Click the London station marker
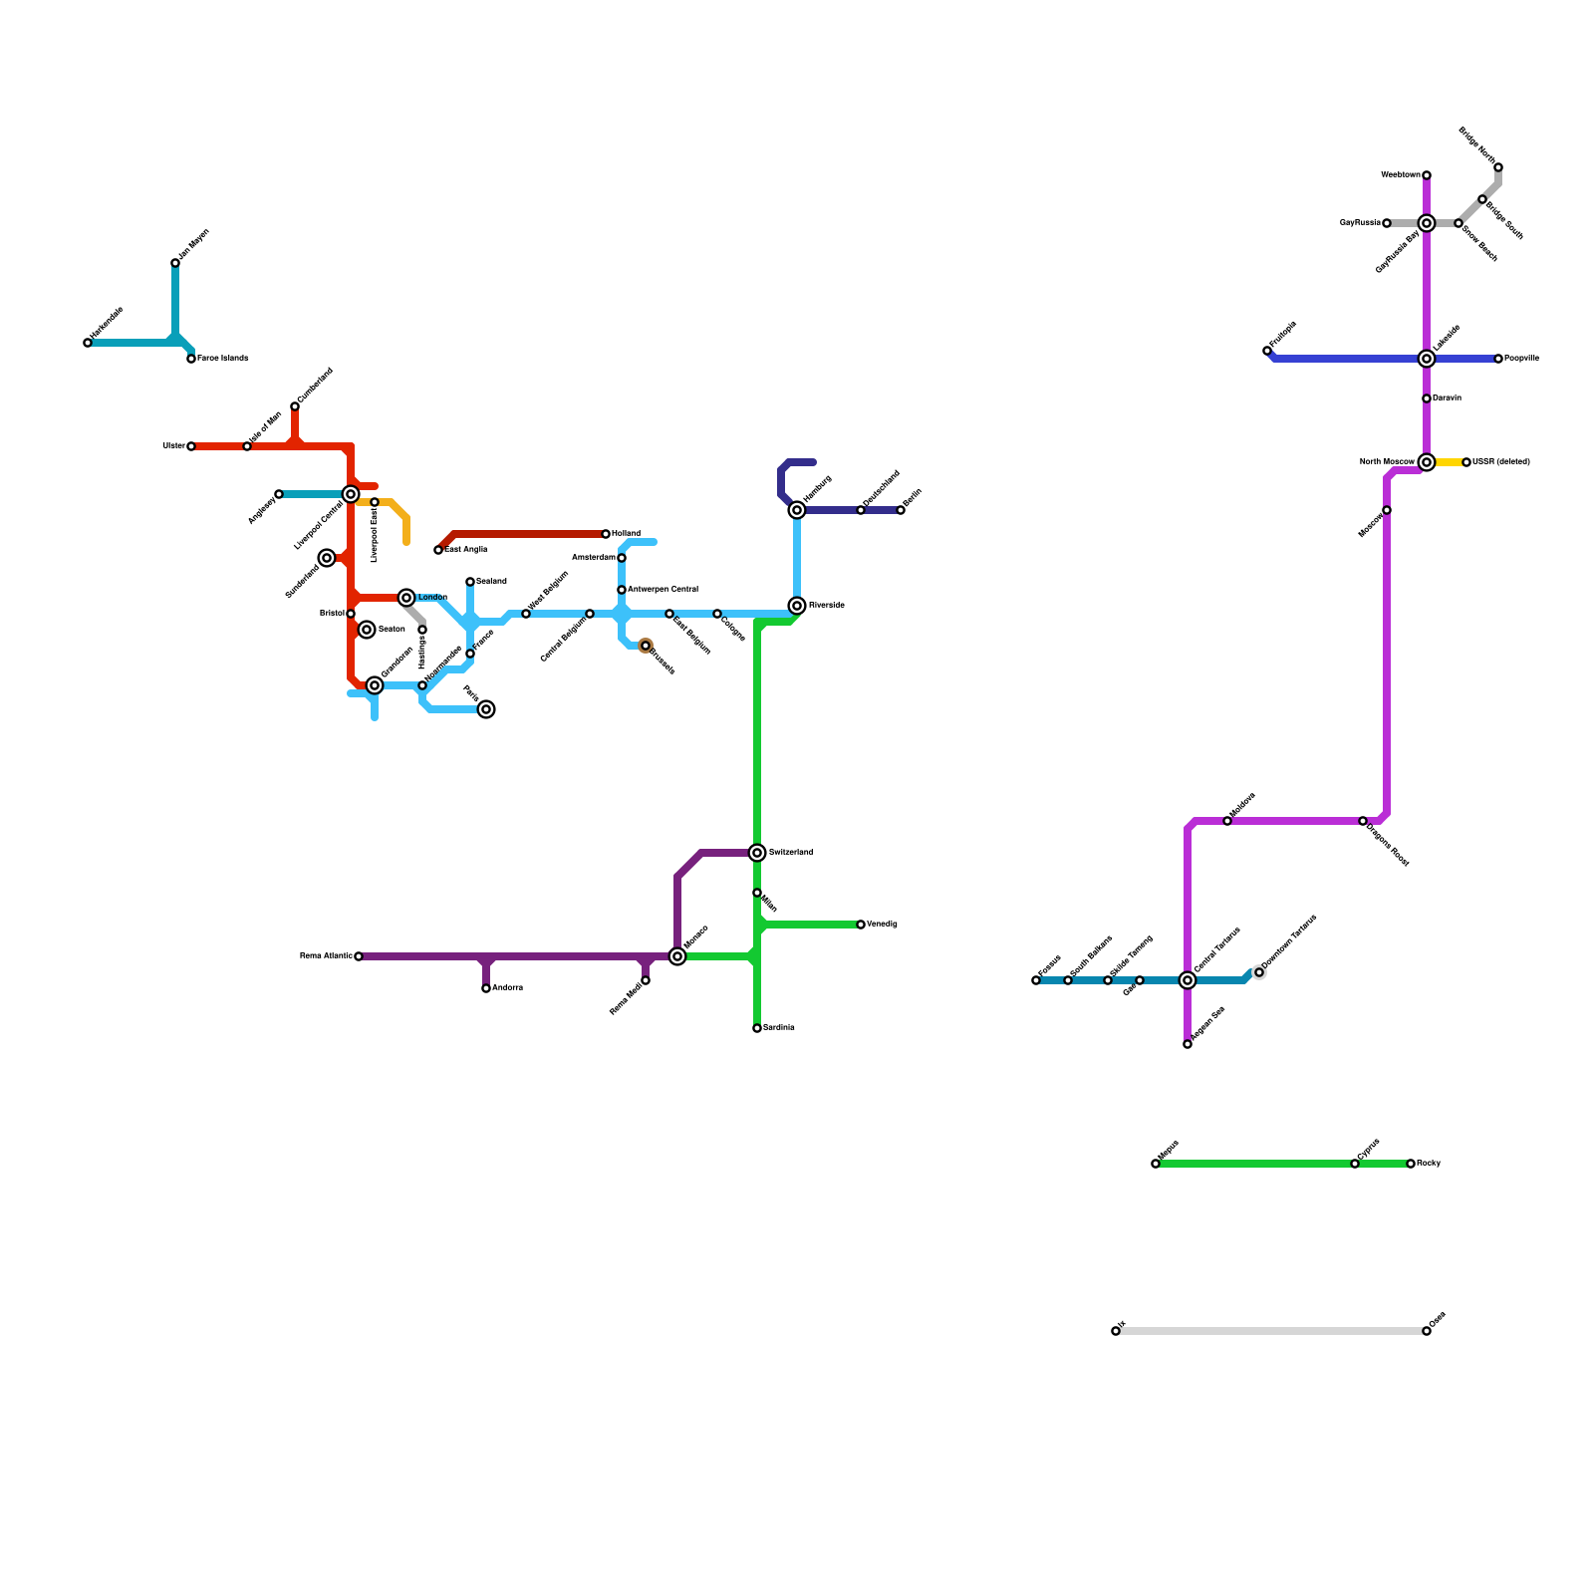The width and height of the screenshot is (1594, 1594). (x=406, y=598)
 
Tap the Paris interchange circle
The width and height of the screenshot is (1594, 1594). (x=486, y=709)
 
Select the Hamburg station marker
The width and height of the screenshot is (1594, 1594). (x=797, y=510)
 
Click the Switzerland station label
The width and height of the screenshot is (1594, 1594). (x=791, y=853)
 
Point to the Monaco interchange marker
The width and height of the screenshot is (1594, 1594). (x=677, y=956)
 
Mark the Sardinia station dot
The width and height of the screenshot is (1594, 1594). (x=757, y=1028)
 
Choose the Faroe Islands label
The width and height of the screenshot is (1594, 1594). (x=222, y=359)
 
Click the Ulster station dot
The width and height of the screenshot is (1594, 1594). (x=191, y=446)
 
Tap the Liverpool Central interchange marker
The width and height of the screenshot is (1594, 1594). (x=351, y=494)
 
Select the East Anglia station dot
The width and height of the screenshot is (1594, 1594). (x=438, y=550)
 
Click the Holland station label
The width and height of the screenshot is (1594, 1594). (x=626, y=534)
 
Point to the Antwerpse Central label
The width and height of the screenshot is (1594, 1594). (x=663, y=590)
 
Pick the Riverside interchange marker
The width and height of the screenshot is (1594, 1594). (x=797, y=606)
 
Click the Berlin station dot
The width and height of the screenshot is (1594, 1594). (x=901, y=510)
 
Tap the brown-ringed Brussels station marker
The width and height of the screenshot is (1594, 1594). (x=646, y=646)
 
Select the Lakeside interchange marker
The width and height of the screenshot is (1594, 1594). (x=1427, y=359)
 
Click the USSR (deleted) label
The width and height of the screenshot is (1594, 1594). (x=1501, y=462)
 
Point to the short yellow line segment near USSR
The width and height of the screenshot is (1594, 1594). (x=1448, y=462)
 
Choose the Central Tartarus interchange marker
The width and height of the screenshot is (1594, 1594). (x=1188, y=980)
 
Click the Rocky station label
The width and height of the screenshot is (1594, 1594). (x=1429, y=1164)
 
